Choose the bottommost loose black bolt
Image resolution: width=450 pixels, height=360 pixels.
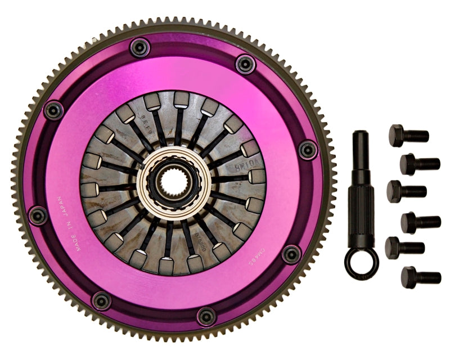pos(421,277)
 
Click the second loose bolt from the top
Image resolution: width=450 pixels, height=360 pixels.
pos(420,164)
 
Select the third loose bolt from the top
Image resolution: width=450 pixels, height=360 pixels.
pos(407,191)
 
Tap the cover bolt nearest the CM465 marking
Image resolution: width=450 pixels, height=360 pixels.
pos(291,254)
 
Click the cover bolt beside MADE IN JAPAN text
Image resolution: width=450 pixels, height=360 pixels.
pos(38,215)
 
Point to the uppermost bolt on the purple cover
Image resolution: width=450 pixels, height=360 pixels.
pos(139,47)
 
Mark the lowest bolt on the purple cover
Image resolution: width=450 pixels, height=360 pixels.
pos(206,316)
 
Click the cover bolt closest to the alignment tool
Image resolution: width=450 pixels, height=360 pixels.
pos(308,149)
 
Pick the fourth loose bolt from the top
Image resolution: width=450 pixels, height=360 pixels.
pos(420,222)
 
